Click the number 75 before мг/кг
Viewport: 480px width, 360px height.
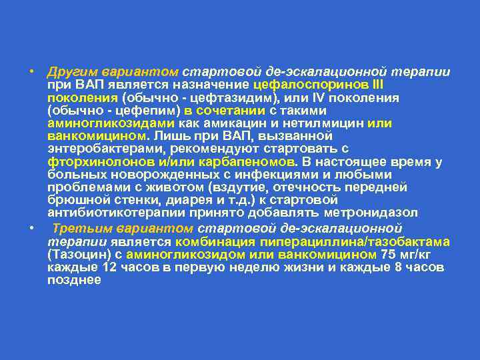tap(388, 255)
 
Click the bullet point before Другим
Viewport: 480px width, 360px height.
tap(31, 72)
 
